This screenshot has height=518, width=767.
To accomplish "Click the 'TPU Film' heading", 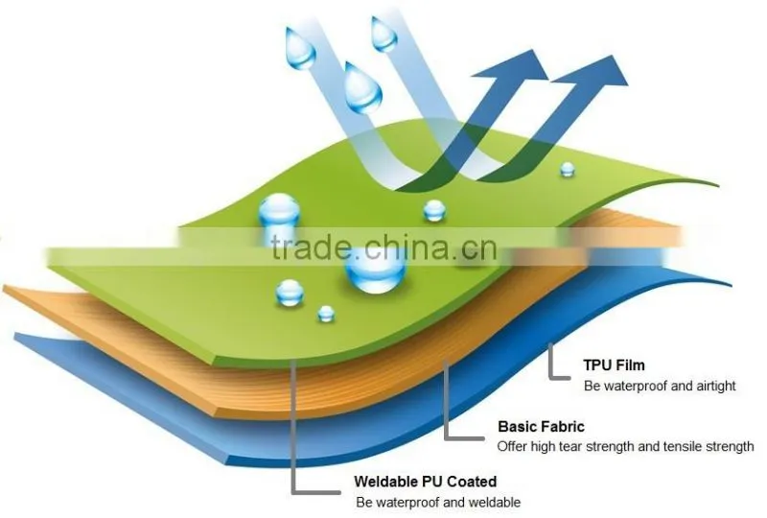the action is coord(614,365).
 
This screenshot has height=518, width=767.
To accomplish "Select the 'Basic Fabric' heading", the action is coord(541,427).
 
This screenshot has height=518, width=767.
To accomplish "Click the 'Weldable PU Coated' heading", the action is coord(425,482).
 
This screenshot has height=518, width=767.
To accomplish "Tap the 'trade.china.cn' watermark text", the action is coord(384,247).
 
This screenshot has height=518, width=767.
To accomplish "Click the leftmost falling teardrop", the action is coord(300,48).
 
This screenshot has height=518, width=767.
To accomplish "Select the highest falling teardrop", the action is coord(383,34).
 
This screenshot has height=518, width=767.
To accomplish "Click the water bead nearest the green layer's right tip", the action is coord(567,170).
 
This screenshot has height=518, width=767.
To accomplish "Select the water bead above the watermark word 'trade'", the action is coord(279,211).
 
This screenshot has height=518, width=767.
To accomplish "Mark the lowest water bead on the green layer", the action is coord(326,314).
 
